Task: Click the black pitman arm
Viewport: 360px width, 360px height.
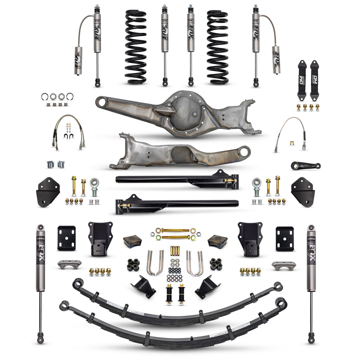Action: coord(305,165)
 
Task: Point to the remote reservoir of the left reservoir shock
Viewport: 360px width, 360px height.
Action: coord(78,60)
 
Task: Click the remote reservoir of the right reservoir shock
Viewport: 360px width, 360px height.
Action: coord(276,60)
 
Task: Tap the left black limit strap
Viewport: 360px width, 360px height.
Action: coord(302,73)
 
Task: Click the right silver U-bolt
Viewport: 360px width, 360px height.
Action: coord(194,263)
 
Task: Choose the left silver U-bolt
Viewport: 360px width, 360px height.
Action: coord(154,263)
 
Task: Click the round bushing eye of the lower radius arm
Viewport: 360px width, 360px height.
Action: coord(244,150)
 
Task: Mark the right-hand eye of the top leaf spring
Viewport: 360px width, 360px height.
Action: coord(277,286)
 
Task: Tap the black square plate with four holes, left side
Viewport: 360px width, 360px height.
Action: coord(66,238)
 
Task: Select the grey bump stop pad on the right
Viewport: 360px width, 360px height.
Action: coord(283,265)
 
